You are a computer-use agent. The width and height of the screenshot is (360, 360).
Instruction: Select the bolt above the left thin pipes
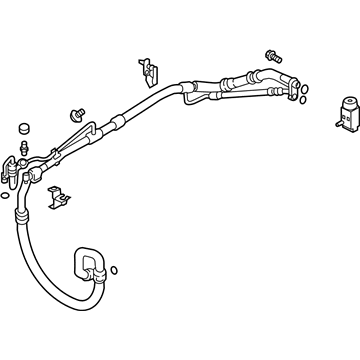tap(76, 113)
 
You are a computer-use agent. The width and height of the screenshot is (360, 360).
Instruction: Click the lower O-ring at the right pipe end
tap(301, 98)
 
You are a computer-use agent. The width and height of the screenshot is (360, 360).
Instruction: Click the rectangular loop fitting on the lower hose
tap(86, 260)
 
